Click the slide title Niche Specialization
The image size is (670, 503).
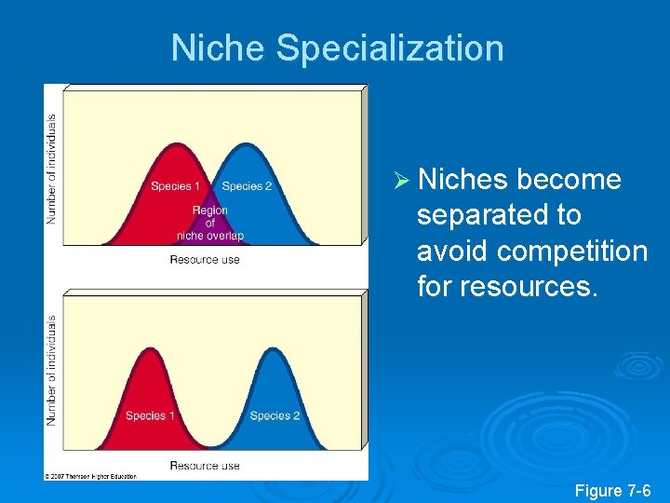pyautogui.click(x=337, y=48)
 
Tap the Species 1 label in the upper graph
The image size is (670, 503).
pyautogui.click(x=175, y=186)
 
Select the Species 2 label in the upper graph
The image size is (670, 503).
pyautogui.click(x=247, y=186)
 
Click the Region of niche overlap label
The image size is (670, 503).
pyautogui.click(x=209, y=223)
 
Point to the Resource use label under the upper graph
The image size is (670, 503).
pyautogui.click(x=205, y=260)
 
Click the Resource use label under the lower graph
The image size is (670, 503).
pyautogui.click(x=205, y=465)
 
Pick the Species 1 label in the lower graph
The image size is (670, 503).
pyautogui.click(x=145, y=415)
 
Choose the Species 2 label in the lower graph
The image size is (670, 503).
pyautogui.click(x=275, y=415)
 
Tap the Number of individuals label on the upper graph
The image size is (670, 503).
pyautogui.click(x=52, y=168)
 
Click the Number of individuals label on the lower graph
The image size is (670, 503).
pyautogui.click(x=52, y=370)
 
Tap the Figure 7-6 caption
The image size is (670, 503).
pyautogui.click(x=612, y=490)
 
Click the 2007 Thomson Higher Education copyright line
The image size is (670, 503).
pyautogui.click(x=91, y=476)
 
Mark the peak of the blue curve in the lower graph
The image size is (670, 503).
pyautogui.click(x=275, y=348)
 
